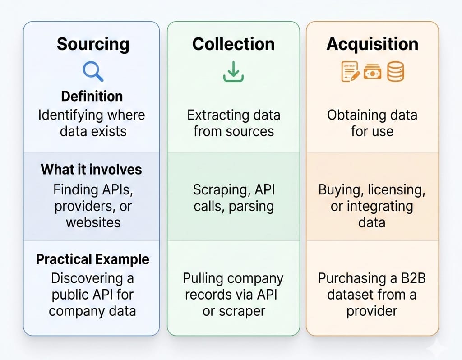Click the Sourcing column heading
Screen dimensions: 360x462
coord(93,44)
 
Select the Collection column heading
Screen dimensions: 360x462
coord(233,44)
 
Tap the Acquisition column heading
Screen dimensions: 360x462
coord(372,44)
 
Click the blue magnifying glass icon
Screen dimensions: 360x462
coord(93,71)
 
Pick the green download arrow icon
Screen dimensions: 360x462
coord(233,72)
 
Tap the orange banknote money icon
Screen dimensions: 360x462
coord(373,72)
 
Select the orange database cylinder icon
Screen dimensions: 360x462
coord(395,72)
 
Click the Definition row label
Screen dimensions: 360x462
coord(92,96)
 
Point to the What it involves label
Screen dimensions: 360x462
coord(91,170)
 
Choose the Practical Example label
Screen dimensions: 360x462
coord(92,259)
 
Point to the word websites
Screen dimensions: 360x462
coord(93,222)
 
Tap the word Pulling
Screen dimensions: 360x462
coord(203,278)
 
